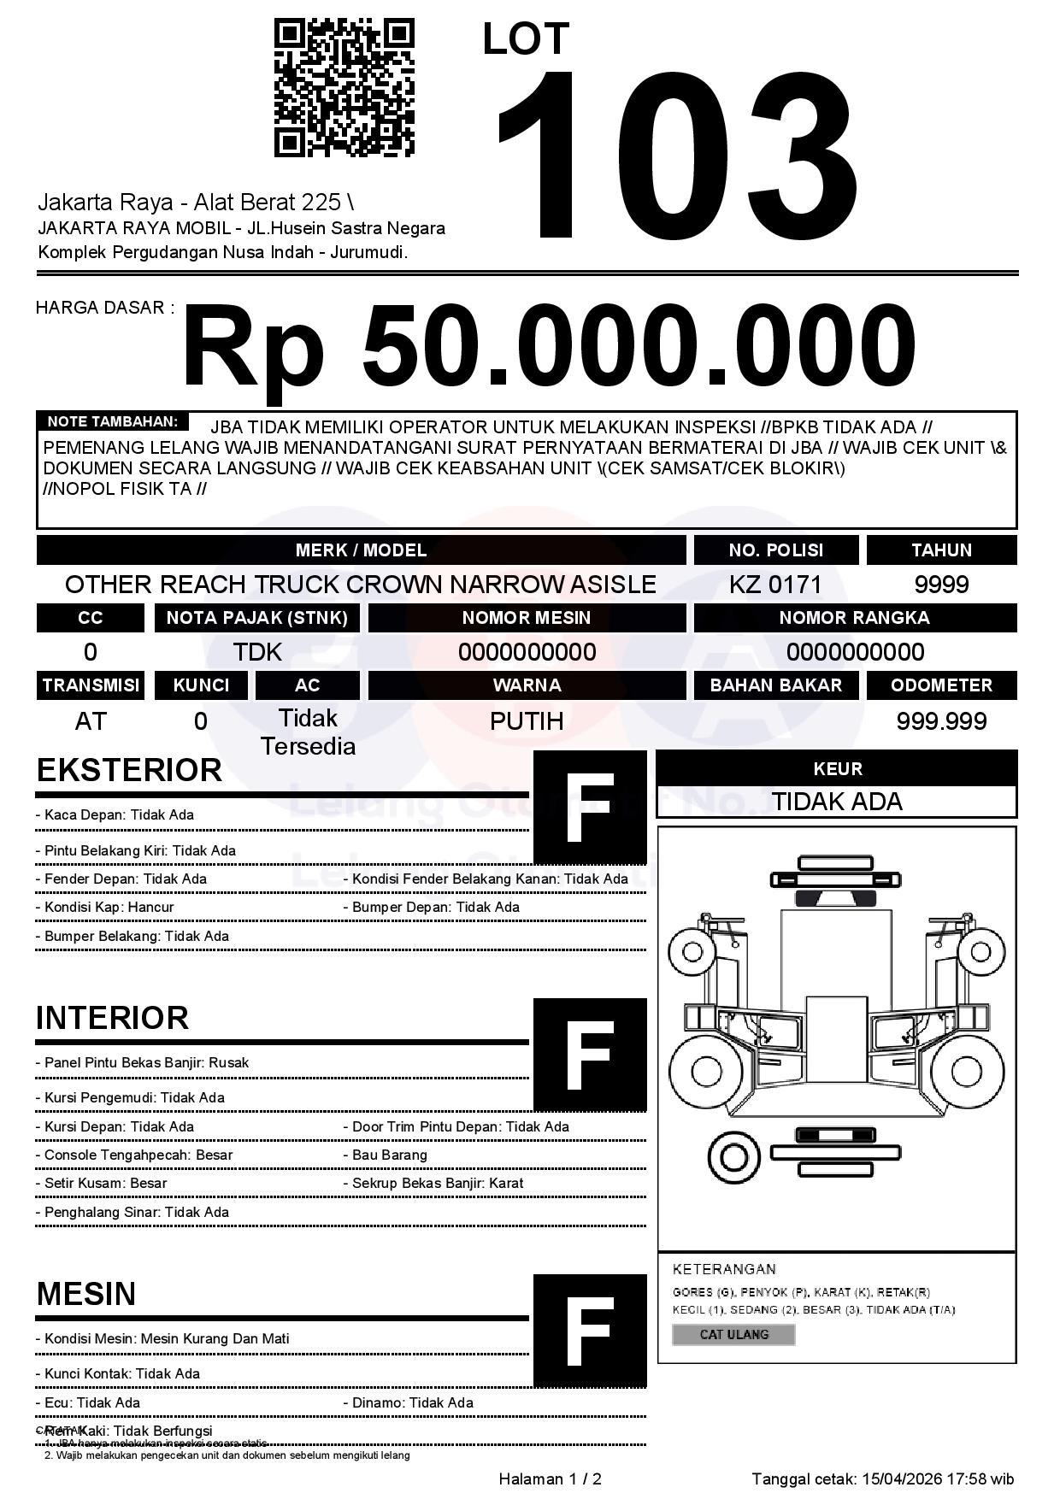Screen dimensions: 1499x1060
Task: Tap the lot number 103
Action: pyautogui.click(x=675, y=154)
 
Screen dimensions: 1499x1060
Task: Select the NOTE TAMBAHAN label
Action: pyautogui.click(x=112, y=421)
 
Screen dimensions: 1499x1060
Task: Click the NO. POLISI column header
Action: pyautogui.click(x=775, y=550)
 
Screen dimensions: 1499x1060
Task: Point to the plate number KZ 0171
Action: pyautogui.click(x=775, y=585)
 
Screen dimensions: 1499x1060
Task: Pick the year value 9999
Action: pyautogui.click(x=941, y=585)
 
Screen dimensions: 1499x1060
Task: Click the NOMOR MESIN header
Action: pyautogui.click(x=527, y=618)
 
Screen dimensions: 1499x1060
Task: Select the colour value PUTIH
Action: pyautogui.click(x=527, y=721)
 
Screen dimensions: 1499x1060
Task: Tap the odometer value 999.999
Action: pyautogui.click(x=941, y=721)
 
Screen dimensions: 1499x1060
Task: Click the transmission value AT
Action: pyautogui.click(x=90, y=721)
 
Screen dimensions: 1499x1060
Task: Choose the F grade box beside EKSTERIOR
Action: pyautogui.click(x=590, y=808)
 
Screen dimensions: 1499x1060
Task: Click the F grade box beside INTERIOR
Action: pyautogui.click(x=590, y=1055)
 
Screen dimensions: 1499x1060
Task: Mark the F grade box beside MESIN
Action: pyautogui.click(x=590, y=1331)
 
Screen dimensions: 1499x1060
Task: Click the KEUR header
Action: pyautogui.click(x=837, y=768)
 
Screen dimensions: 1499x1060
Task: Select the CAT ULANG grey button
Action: pyautogui.click(x=733, y=1334)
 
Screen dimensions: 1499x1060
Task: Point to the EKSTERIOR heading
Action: pyautogui.click(x=129, y=770)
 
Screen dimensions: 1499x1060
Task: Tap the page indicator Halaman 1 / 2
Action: pyautogui.click(x=550, y=1478)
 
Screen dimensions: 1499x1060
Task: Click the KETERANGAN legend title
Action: pyautogui.click(x=724, y=1269)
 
